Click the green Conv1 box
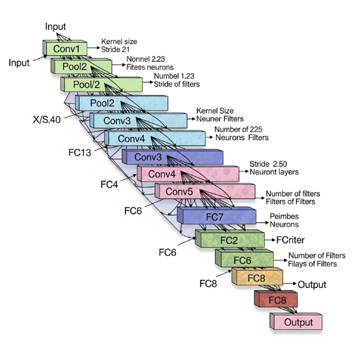click(x=65, y=48)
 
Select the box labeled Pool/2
click(x=102, y=84)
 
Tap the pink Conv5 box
click(x=205, y=191)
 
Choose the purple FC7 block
click(x=217, y=215)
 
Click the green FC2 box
click(x=230, y=239)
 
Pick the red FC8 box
click(x=276, y=299)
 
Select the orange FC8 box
click(x=257, y=276)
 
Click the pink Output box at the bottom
click(x=296, y=321)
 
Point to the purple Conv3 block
click(x=172, y=157)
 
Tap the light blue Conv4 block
click(x=155, y=138)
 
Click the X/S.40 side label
click(x=47, y=120)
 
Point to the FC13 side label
click(x=80, y=152)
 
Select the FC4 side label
click(x=109, y=184)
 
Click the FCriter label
click(x=291, y=240)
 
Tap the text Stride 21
click(x=115, y=50)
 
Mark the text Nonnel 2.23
click(x=145, y=59)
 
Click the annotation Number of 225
click(x=238, y=129)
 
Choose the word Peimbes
click(x=284, y=216)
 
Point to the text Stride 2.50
click(x=268, y=164)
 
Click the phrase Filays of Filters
click(x=312, y=264)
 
